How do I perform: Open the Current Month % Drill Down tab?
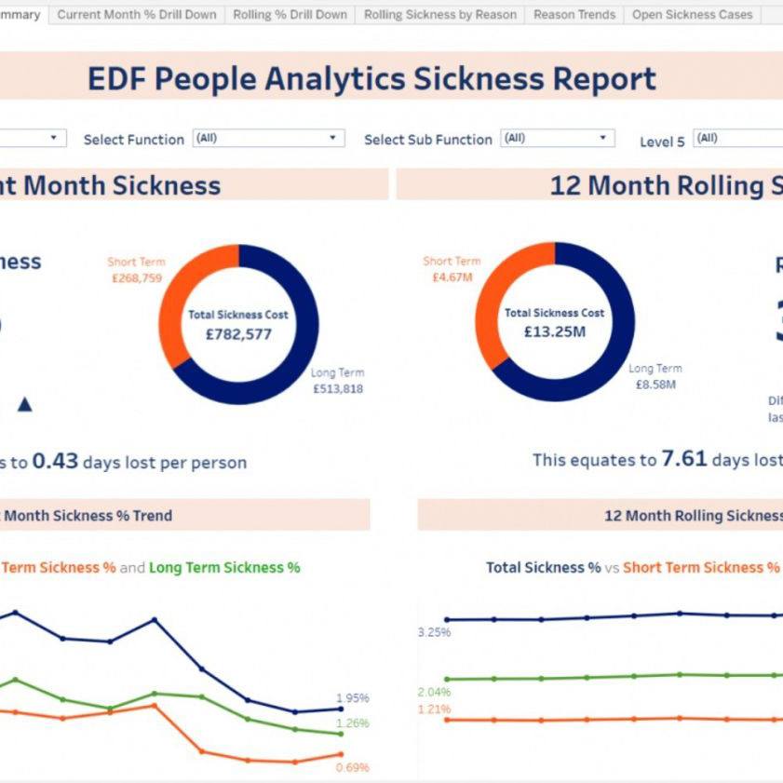tap(137, 15)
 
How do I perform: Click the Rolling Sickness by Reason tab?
tap(439, 15)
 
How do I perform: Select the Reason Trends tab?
tap(574, 15)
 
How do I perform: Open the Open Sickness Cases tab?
tap(692, 15)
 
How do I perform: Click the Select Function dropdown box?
tap(268, 139)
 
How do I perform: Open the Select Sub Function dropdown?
tap(557, 139)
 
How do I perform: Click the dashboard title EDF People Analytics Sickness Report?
tap(371, 79)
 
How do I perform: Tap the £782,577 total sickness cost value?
tap(238, 333)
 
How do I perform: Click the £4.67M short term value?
tap(452, 277)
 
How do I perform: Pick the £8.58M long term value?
tap(655, 384)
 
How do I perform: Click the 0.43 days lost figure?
tap(55, 461)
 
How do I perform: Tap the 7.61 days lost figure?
tap(684, 459)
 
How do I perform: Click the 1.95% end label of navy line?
tap(352, 698)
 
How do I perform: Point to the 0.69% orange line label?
tap(352, 768)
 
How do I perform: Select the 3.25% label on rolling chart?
tap(434, 632)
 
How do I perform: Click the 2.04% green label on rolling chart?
tap(434, 692)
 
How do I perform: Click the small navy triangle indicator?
tap(25, 404)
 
